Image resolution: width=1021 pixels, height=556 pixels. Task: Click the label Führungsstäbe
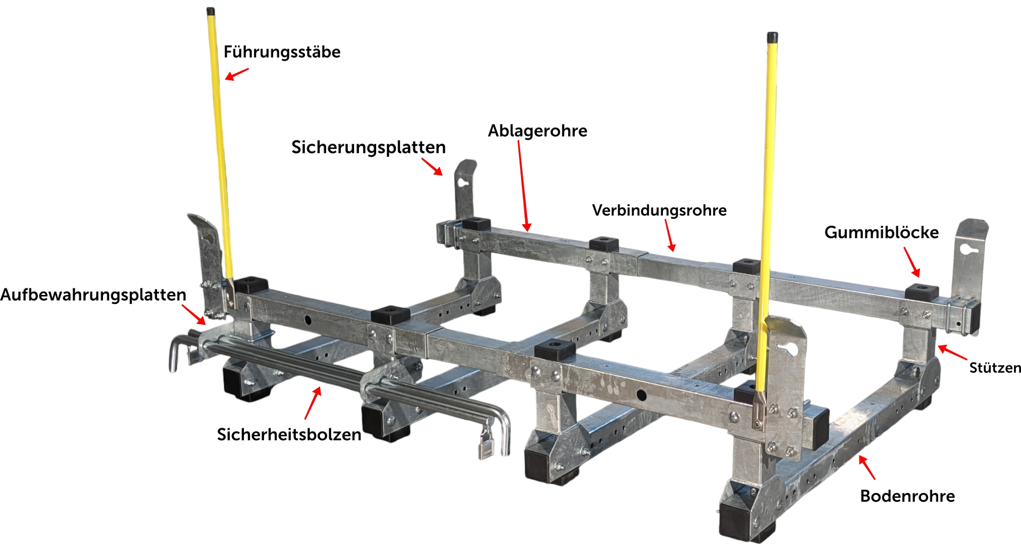pos(282,52)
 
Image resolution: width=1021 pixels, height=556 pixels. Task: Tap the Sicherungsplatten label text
pos(369,147)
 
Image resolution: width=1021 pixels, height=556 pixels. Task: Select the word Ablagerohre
pos(537,131)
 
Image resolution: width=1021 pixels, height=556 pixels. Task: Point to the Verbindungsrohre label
pos(659,210)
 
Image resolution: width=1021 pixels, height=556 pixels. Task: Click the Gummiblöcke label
pos(882,232)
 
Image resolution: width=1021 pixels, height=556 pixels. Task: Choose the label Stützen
pos(995,368)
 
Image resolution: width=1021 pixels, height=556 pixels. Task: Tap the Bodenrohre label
pos(907,496)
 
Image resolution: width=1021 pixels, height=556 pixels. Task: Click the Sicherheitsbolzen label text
pos(289,435)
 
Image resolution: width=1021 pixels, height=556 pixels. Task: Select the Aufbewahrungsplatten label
pos(93,295)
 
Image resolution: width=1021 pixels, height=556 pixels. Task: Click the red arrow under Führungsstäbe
pos(237,74)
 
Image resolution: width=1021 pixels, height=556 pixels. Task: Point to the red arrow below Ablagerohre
pos(523,186)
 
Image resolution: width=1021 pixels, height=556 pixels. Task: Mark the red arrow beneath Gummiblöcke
pos(912,262)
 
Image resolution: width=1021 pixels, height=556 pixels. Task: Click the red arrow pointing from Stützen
pos(952,352)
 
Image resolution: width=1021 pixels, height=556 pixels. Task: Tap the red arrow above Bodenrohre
pos(867,467)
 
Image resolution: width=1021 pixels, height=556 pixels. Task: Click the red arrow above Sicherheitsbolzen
pos(313,403)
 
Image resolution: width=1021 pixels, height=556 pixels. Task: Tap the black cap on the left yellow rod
pos(211,11)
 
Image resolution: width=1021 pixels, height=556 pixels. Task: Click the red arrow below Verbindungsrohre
pos(670,235)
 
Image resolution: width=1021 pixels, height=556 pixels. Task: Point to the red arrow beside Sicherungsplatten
pos(432,167)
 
